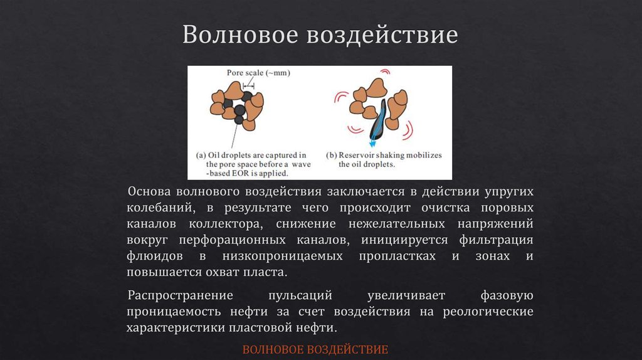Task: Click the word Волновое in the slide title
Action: tap(239, 35)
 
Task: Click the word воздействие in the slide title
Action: tap(382, 35)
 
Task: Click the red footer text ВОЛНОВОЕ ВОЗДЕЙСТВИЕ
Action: tap(315, 349)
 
